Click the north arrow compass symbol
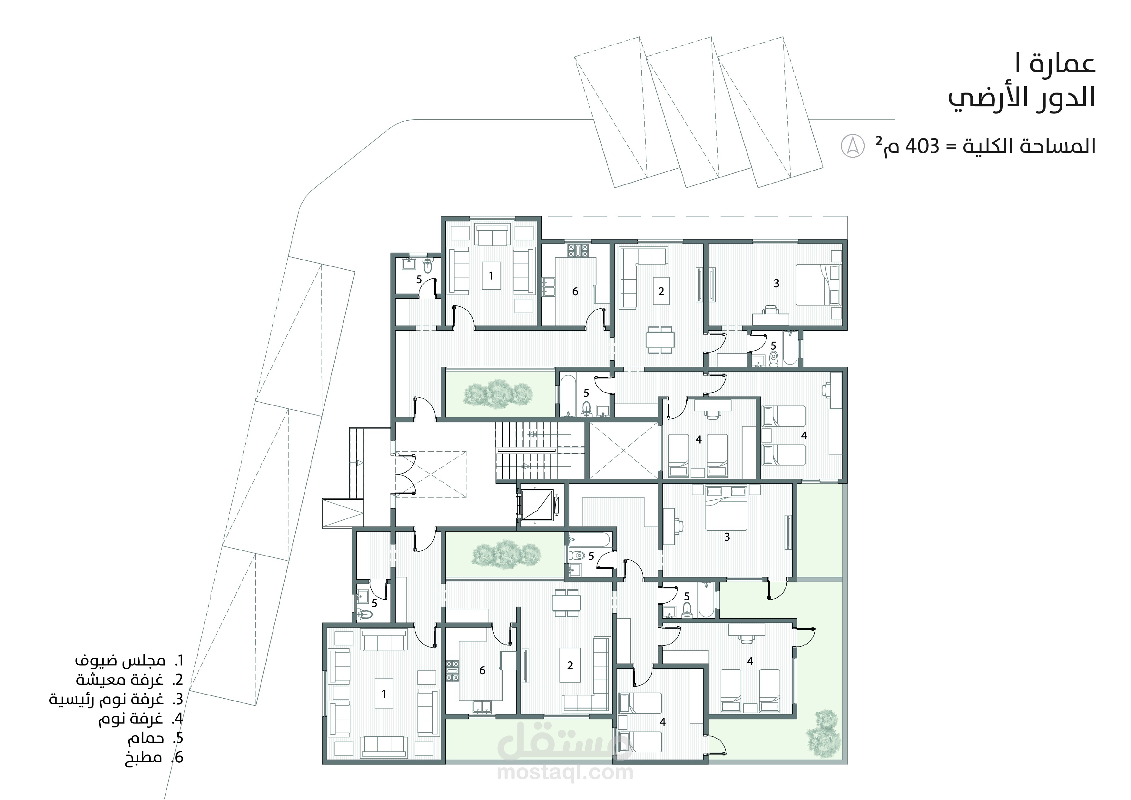click(853, 146)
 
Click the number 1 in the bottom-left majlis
click(384, 694)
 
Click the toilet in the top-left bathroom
click(428, 265)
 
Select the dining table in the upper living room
click(660, 340)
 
